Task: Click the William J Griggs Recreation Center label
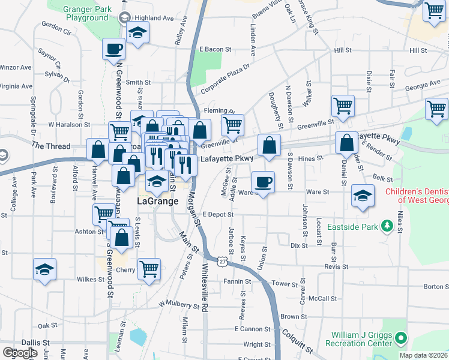pos(358,339)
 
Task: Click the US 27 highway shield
pos(222,262)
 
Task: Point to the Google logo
pos(20,353)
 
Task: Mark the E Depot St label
pos(217,214)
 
